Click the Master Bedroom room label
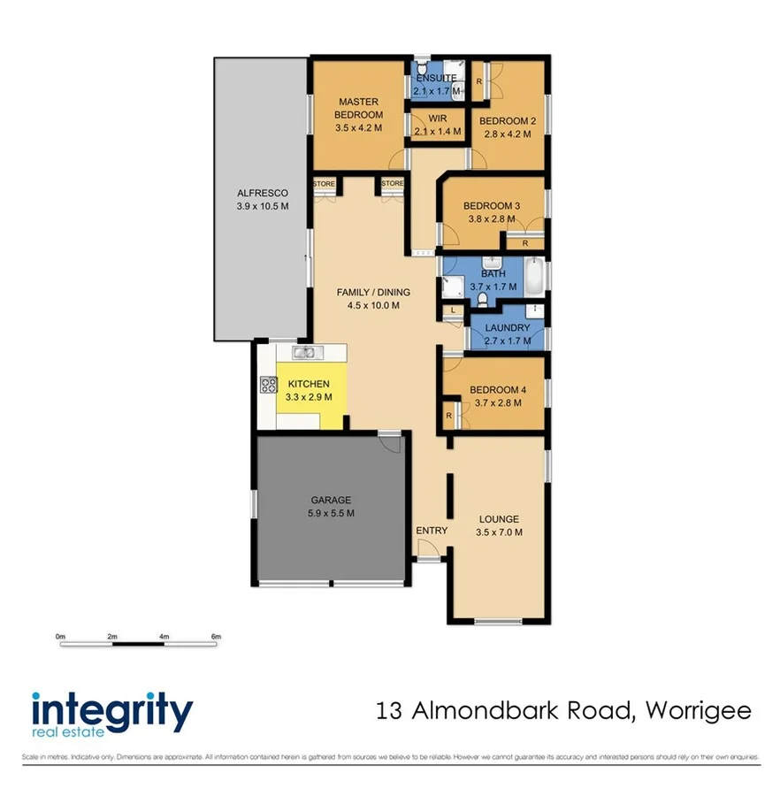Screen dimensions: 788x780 (x=358, y=109)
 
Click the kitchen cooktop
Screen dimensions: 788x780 (x=268, y=385)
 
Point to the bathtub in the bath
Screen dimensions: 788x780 (x=533, y=278)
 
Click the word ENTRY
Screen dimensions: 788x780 (x=432, y=531)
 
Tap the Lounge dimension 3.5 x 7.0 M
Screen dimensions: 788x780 (x=499, y=532)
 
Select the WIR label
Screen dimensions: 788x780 (x=437, y=119)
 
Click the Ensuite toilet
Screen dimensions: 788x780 (x=424, y=68)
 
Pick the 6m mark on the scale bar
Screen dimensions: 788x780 (x=216, y=636)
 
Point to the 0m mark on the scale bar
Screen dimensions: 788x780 (x=60, y=636)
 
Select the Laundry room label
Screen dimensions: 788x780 (x=508, y=328)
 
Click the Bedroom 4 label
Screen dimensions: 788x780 (x=497, y=390)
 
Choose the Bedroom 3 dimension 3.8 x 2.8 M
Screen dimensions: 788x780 (x=492, y=219)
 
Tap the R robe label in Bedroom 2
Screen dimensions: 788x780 (x=478, y=81)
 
